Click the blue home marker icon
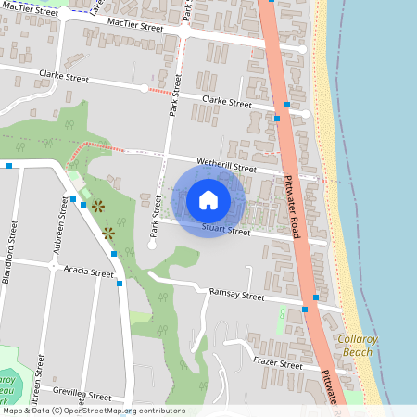pyautogui.click(x=208, y=200)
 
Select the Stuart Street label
pyautogui.click(x=226, y=230)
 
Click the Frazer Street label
pyautogui.click(x=277, y=365)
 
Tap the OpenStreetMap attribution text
pyautogui.click(x=93, y=411)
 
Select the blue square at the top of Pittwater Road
pyautogui.click(x=270, y=2)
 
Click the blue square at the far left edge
pyautogui.click(x=8, y=166)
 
